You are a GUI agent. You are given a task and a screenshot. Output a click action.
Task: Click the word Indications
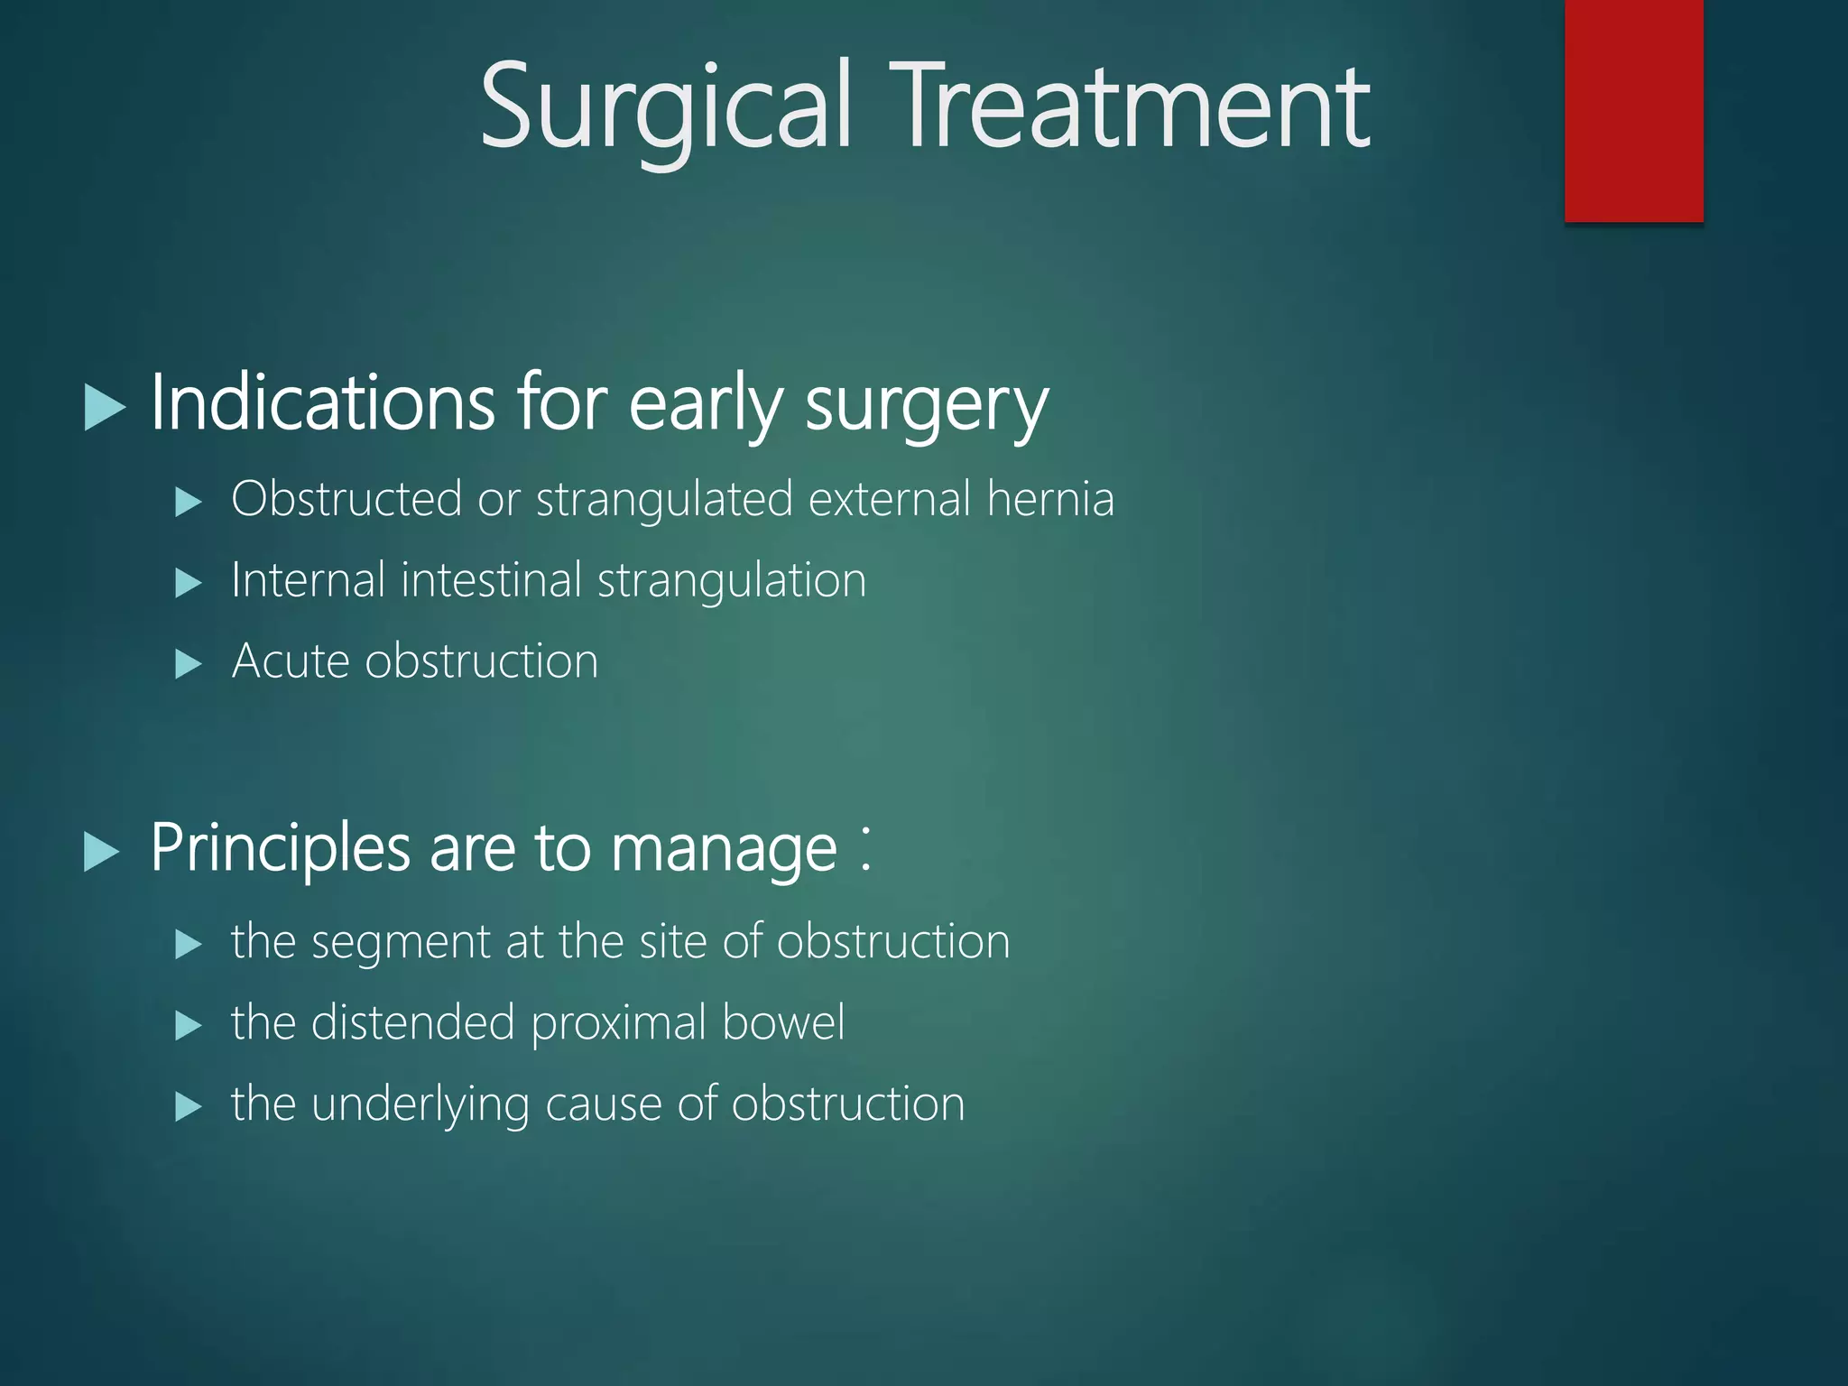click(x=322, y=402)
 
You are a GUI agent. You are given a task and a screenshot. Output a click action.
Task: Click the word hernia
click(x=1050, y=499)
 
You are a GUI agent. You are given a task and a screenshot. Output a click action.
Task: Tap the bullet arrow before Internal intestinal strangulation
click(x=188, y=583)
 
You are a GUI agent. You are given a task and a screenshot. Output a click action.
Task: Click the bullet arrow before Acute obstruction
click(x=188, y=664)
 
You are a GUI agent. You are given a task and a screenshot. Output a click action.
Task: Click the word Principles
click(x=281, y=849)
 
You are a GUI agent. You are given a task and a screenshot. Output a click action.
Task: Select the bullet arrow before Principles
click(x=102, y=851)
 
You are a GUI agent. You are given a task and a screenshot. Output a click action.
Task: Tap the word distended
click(x=412, y=1023)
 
